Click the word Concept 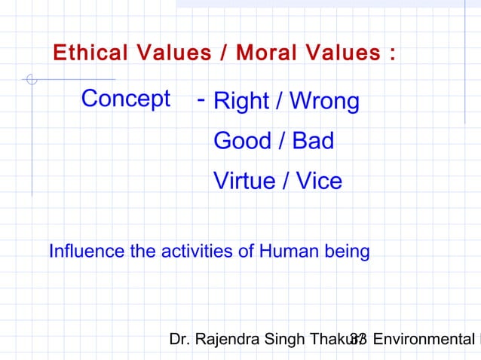[125, 99]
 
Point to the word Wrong [322, 102]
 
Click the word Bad [313, 141]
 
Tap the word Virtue [245, 181]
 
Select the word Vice [318, 181]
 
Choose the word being [345, 251]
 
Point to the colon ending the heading [394, 54]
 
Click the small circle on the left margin [30, 79]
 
